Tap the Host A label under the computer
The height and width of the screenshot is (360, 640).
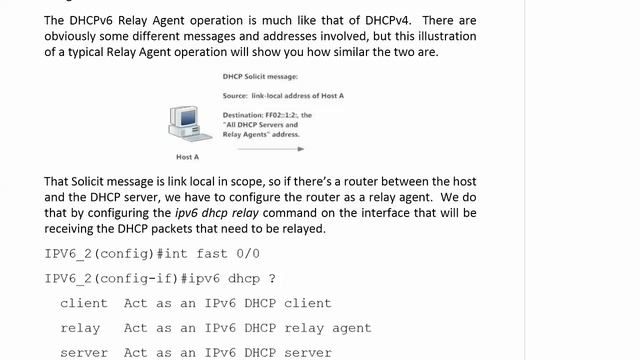(188, 157)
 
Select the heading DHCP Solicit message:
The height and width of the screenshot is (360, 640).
(265, 76)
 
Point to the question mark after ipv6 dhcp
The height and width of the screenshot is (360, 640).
(271, 278)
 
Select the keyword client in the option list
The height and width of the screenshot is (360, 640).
(84, 303)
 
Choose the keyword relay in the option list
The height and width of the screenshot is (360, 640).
(80, 327)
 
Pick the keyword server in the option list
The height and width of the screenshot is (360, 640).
(84, 352)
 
